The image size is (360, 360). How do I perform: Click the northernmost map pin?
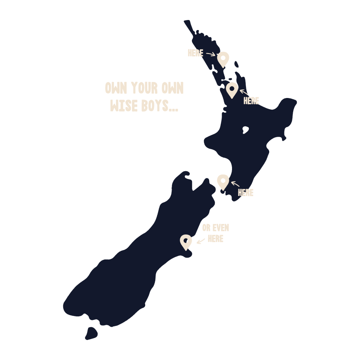coord(223,59)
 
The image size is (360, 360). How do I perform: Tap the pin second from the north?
coord(232,90)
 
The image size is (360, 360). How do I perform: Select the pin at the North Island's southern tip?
coord(223,182)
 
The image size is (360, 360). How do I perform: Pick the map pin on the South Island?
coord(186,242)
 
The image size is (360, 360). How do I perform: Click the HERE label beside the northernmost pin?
coord(196,53)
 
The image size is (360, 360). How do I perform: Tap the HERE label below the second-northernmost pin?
coord(251,101)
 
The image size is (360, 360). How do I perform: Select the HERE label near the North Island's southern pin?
coord(246,193)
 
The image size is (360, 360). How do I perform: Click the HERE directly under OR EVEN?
coord(215,239)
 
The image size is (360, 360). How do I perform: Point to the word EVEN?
coord(221,228)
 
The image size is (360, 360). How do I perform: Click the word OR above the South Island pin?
coord(206,228)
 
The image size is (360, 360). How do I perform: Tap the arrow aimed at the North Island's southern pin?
coord(235,184)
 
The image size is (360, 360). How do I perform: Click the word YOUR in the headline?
coord(144,88)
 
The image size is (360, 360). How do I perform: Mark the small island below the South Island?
coord(91,333)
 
